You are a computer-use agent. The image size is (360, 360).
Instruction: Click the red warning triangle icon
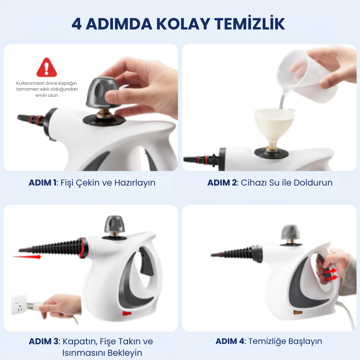46,67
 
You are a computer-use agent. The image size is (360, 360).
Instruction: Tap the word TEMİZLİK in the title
249,24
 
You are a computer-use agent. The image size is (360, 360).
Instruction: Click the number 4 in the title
76,24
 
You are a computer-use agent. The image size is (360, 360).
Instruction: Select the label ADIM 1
43,183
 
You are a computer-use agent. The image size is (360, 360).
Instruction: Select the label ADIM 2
222,183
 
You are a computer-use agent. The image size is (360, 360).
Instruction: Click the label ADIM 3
44,341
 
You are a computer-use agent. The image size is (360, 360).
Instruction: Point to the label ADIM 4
230,341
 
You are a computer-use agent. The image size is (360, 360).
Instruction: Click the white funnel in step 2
272,126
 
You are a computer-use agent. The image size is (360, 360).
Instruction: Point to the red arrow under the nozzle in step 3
27,257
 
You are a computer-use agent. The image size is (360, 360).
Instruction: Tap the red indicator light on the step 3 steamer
127,313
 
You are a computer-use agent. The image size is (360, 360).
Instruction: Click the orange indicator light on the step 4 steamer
298,312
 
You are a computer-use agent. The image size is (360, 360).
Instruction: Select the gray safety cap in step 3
115,224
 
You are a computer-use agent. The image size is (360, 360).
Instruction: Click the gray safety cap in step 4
290,232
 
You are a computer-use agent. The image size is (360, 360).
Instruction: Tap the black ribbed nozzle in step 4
236,254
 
